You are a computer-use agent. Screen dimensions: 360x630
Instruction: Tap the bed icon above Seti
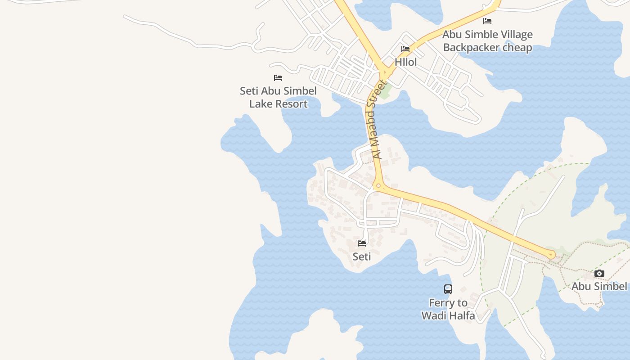[x=362, y=243]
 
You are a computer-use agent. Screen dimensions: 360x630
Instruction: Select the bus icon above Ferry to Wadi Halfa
[x=448, y=289]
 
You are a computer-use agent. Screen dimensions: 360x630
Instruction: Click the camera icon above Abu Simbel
[x=599, y=273]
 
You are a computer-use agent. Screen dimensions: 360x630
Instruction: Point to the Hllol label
[x=405, y=62]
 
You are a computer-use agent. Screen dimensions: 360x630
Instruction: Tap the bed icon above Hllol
[x=405, y=49]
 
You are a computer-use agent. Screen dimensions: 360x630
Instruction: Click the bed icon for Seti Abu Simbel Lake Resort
[x=278, y=78]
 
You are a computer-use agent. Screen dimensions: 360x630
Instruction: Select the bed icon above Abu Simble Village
[x=487, y=21]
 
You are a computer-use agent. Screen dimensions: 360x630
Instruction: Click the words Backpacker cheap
[x=487, y=47]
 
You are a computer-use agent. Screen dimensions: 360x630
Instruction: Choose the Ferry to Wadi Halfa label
[x=448, y=309]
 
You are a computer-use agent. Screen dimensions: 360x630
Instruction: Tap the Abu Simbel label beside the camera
[x=599, y=286]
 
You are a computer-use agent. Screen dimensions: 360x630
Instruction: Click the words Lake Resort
[x=278, y=104]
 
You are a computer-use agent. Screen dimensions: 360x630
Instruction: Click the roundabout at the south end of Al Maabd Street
[x=378, y=185]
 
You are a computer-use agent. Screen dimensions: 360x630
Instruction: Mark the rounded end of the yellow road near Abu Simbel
[x=551, y=255]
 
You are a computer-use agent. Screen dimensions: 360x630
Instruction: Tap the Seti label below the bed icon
[x=362, y=256]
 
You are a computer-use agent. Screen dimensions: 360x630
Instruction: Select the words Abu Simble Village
[x=487, y=35]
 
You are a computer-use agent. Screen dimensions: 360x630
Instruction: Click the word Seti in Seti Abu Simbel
[x=249, y=91]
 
